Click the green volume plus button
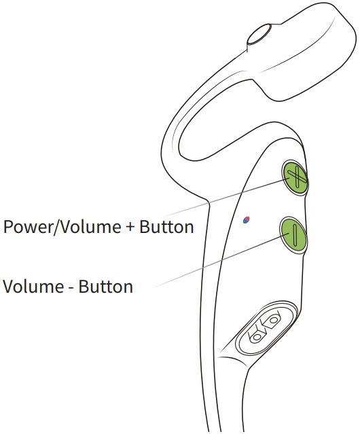point(294,178)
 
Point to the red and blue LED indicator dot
point(246,220)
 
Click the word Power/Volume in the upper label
point(62,228)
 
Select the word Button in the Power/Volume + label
point(166,227)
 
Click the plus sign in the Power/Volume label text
point(130,228)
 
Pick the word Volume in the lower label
point(33,286)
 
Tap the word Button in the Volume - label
point(106,286)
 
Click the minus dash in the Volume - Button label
point(71,288)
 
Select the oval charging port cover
point(266,328)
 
